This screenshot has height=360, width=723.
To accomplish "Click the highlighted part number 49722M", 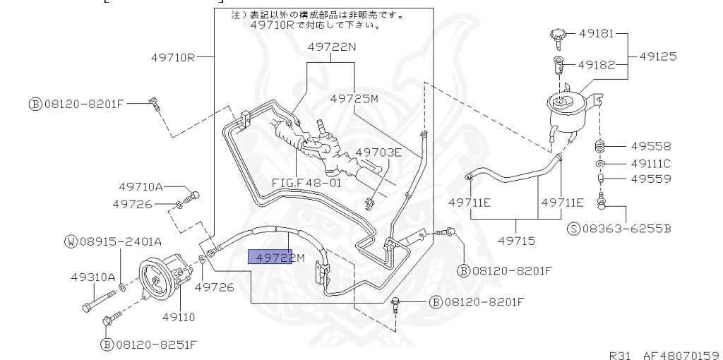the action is tap(275, 257).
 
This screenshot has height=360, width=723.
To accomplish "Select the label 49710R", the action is tap(173, 57).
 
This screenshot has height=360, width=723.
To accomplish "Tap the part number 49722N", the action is tap(332, 47).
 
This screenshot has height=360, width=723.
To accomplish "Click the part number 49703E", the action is tap(378, 152).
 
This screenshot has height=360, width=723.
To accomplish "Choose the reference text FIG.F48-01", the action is tap(306, 182).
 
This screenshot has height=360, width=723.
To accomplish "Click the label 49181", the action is tap(597, 33).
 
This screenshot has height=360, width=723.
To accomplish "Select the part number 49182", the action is tap(597, 64).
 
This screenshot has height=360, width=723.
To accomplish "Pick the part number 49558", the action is tap(652, 147).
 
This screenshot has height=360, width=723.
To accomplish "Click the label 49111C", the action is tap(652, 164).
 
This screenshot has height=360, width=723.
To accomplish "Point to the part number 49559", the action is tap(652, 179).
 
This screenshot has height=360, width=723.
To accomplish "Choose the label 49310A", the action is tap(92, 277).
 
